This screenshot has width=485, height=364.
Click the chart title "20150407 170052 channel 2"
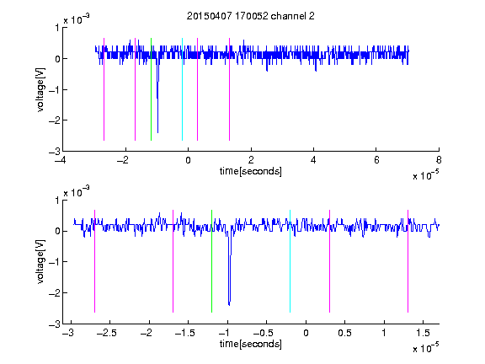(251, 16)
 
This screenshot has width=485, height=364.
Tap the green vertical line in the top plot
(151, 89)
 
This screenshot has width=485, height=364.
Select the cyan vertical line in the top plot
(182, 89)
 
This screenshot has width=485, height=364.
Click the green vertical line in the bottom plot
(211, 261)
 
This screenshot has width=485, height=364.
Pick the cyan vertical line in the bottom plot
(290, 261)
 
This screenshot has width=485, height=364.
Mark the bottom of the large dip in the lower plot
(229, 305)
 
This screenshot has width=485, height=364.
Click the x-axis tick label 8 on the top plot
(439, 160)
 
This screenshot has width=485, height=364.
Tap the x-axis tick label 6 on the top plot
(376, 160)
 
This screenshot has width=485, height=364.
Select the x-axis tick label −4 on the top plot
(61, 160)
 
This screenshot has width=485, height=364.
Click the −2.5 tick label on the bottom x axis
(106, 333)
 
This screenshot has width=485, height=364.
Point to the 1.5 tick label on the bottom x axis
(423, 333)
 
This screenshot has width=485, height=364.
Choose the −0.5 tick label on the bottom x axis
(263, 333)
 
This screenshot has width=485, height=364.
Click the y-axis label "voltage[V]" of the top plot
(40, 89)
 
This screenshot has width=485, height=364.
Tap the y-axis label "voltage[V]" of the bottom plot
(40, 261)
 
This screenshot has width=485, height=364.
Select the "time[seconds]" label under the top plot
(251, 171)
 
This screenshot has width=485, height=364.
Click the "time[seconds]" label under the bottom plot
(251, 344)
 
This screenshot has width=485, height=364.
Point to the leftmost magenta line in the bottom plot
(94, 261)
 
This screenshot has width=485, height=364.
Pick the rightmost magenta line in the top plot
(229, 89)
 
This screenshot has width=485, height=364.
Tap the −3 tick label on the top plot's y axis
(55, 152)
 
